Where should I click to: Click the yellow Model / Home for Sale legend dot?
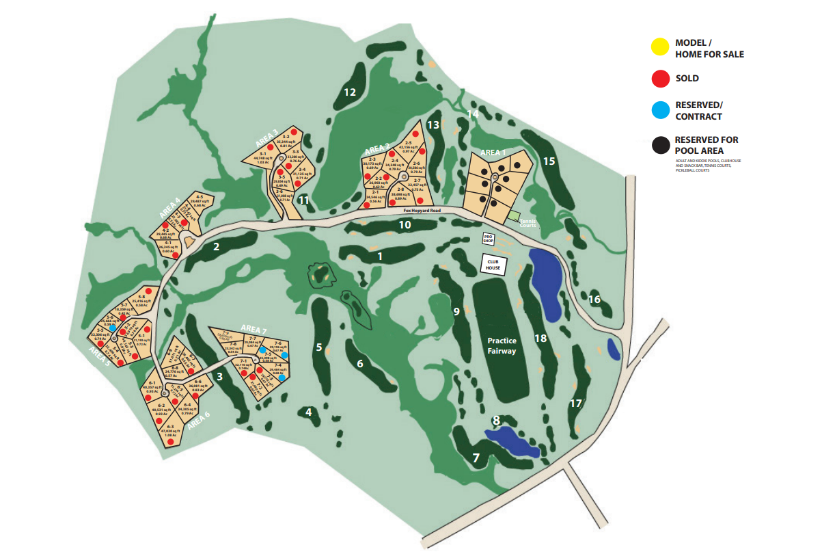[659, 47]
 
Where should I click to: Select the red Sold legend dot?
[659, 79]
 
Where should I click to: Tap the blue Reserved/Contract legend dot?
[659, 109]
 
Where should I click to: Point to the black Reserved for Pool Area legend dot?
[659, 145]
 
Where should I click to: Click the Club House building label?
[493, 264]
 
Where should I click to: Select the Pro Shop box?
[488, 239]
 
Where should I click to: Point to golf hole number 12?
[350, 92]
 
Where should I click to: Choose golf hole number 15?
[549, 161]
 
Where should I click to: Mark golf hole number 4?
[309, 412]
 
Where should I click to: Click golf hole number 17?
[575, 404]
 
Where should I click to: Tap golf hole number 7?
[476, 458]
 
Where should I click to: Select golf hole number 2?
[216, 247]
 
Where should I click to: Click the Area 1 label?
[494, 152]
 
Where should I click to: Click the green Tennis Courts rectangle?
[513, 215]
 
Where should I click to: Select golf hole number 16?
[594, 300]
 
